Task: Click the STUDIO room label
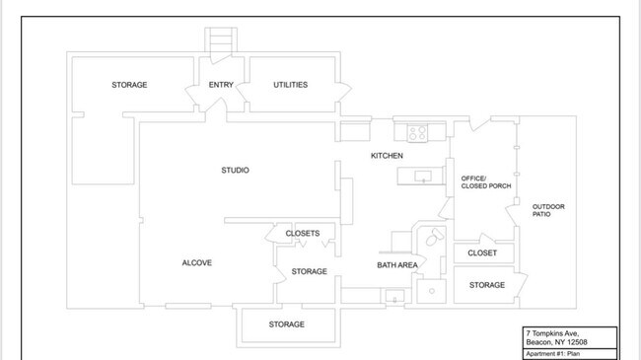point(235,171)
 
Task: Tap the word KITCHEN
point(387,156)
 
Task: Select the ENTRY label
point(221,85)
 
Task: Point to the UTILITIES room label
point(290,85)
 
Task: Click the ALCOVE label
point(196,262)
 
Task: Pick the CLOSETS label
point(303,233)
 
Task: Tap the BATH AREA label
point(397,265)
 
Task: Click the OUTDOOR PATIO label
point(548,210)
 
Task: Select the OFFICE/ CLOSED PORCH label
point(486,182)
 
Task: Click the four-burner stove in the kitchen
point(417,133)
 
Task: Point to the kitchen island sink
point(423,177)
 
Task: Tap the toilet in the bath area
point(434,237)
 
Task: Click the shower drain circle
point(432,291)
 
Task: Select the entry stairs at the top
point(221,40)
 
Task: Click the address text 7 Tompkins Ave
point(552,333)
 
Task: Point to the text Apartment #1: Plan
point(552,354)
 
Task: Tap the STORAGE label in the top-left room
point(129,85)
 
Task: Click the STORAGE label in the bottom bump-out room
point(287,324)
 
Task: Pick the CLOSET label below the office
point(482,252)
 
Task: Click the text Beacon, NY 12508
point(556,342)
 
